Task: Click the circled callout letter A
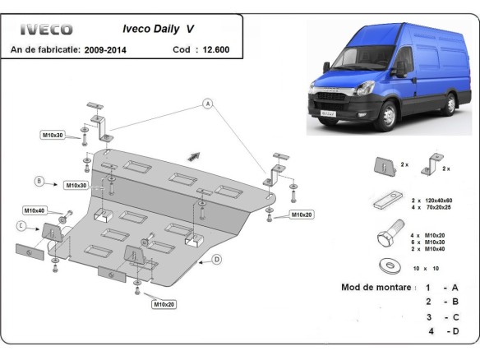pyautogui.click(x=207, y=104)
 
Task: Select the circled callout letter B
pyautogui.click(x=38, y=181)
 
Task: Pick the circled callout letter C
pyautogui.click(x=21, y=224)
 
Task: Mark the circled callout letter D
pyautogui.click(x=216, y=260)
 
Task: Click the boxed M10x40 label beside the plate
pyautogui.click(x=35, y=210)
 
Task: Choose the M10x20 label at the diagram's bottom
pyautogui.click(x=163, y=304)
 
